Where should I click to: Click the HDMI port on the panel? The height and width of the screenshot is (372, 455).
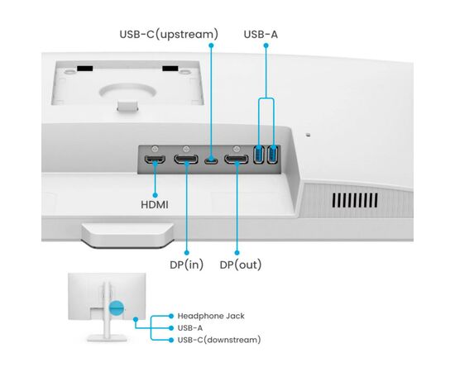click(x=155, y=160)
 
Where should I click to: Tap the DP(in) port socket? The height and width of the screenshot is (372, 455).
click(x=186, y=160)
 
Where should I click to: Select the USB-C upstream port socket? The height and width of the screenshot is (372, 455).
click(x=211, y=160)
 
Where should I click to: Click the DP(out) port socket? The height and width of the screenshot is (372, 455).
click(x=237, y=160)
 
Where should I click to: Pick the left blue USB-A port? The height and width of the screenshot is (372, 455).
click(x=259, y=155)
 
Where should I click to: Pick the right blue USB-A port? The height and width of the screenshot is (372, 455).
click(x=273, y=155)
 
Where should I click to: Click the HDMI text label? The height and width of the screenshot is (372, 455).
click(x=155, y=205)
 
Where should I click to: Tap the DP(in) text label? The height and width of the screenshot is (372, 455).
click(x=187, y=265)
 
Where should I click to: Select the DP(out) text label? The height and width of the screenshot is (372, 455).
click(x=241, y=265)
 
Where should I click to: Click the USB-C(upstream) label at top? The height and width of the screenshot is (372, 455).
click(x=169, y=34)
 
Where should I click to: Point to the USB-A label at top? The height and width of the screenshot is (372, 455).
click(x=261, y=34)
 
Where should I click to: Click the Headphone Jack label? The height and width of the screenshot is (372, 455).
click(x=211, y=316)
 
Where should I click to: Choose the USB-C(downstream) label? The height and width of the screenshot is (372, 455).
click(x=219, y=340)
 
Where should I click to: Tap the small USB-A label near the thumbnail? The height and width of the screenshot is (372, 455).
click(x=190, y=328)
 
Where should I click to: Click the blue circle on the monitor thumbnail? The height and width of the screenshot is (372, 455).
click(x=117, y=308)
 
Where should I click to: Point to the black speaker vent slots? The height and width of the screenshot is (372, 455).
click(x=355, y=200)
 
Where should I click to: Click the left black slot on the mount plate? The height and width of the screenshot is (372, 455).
click(x=84, y=69)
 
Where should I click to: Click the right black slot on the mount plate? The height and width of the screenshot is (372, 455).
click(x=170, y=69)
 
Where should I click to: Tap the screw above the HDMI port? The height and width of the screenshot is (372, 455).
click(x=156, y=149)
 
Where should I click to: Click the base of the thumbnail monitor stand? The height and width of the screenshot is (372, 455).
click(x=107, y=337)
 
